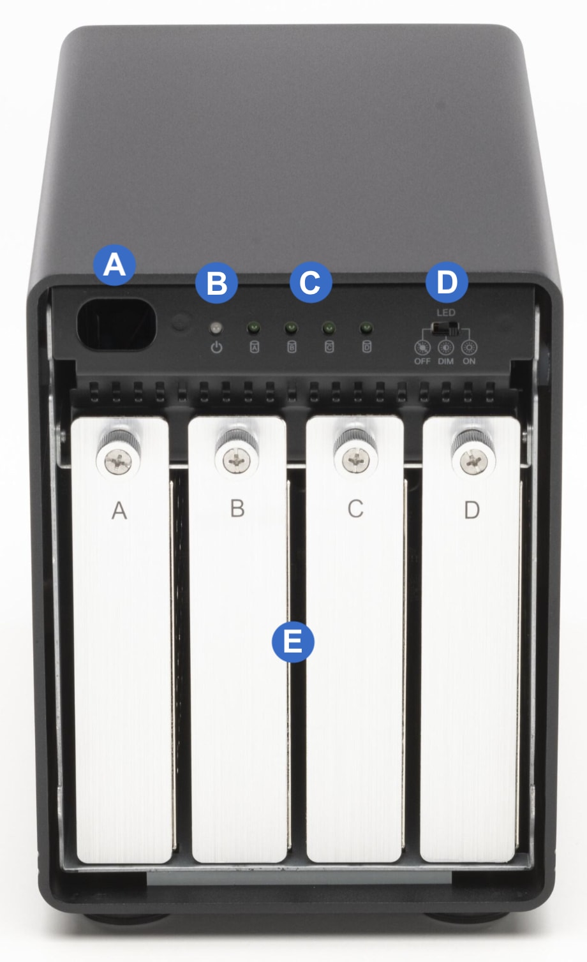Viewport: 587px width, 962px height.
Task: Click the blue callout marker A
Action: click(x=114, y=265)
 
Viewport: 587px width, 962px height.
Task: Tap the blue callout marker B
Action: click(x=216, y=283)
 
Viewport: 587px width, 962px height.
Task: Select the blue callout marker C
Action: click(x=311, y=282)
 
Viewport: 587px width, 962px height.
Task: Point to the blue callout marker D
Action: click(x=447, y=282)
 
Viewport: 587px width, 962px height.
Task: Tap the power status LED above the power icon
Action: click(x=216, y=329)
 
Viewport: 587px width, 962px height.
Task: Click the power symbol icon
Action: click(x=217, y=347)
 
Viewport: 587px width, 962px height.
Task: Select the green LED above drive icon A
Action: click(x=254, y=329)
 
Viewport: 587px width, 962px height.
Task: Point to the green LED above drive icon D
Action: click(x=366, y=329)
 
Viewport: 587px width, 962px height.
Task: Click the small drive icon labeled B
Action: click(x=292, y=346)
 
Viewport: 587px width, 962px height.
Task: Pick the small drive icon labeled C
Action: click(x=329, y=346)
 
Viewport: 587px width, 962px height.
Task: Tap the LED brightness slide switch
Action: click(x=445, y=328)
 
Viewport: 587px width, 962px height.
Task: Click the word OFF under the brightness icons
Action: click(x=422, y=361)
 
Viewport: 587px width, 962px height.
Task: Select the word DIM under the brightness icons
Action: click(x=446, y=361)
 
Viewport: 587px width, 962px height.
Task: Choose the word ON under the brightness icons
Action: click(x=469, y=361)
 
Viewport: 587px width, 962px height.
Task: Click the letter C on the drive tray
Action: click(x=355, y=509)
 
